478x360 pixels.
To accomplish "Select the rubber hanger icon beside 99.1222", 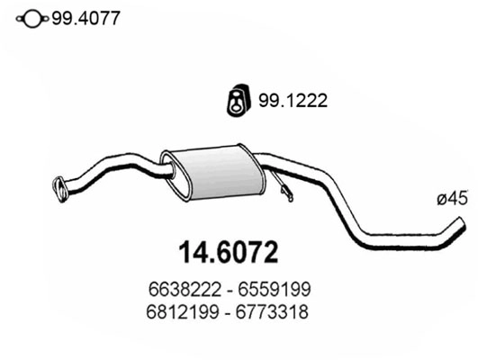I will coord(235,102).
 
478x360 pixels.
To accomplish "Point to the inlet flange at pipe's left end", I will coord(61,186).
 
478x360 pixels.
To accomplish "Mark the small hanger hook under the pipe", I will coord(285,191).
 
